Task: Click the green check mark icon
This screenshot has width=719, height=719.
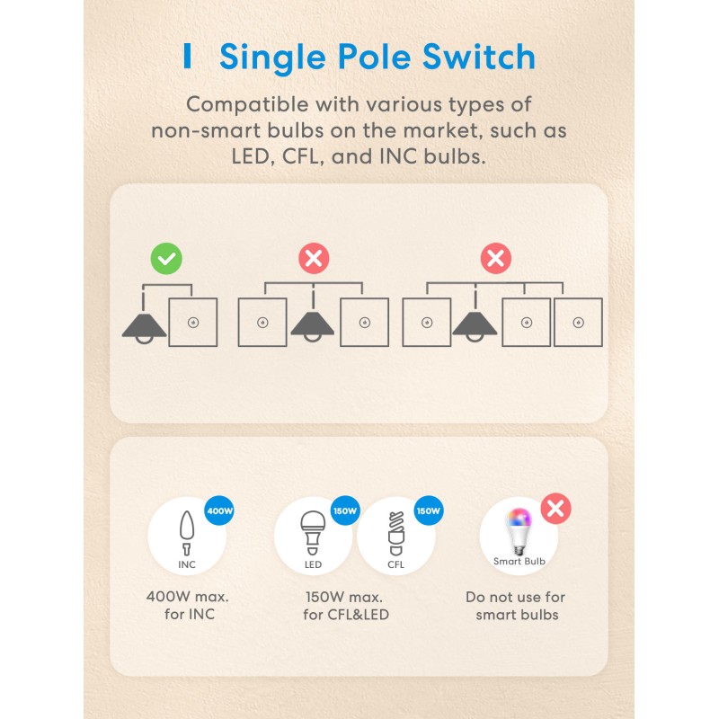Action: (166, 259)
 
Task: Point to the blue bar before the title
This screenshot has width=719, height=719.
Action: (187, 56)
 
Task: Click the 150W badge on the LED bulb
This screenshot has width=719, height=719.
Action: (345, 511)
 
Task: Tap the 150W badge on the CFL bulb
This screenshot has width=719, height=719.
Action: (428, 511)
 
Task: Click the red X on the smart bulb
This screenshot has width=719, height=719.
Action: (556, 509)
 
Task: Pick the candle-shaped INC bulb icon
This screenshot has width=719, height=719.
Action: (187, 533)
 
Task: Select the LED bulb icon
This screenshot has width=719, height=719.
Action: (313, 533)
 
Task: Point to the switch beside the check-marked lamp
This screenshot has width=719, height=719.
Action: (192, 322)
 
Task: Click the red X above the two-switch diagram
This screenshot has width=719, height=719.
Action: (314, 259)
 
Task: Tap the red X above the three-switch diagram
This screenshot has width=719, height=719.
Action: (495, 259)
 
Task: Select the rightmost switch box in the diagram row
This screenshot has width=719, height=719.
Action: (578, 322)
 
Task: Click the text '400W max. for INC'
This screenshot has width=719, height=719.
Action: (187, 606)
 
